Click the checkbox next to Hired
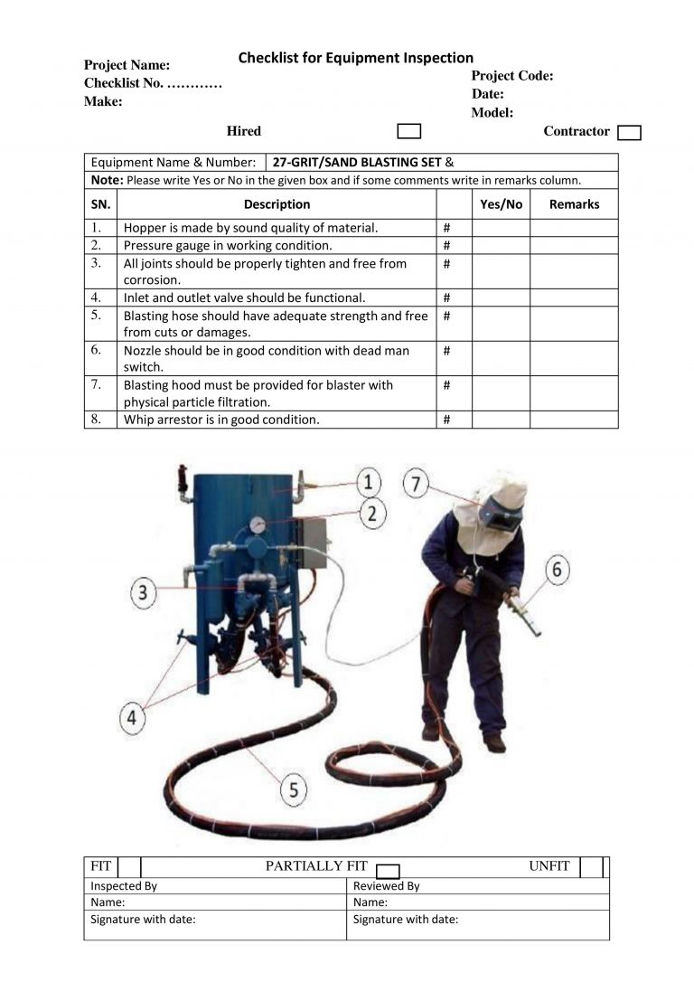pyautogui.click(x=409, y=131)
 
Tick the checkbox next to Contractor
pyautogui.click(x=629, y=133)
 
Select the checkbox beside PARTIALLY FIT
pyautogui.click(x=388, y=871)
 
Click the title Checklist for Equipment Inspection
pyautogui.click(x=355, y=58)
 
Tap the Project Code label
pyautogui.click(x=512, y=76)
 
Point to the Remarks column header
pyautogui.click(x=574, y=204)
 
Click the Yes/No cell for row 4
pyautogui.click(x=501, y=297)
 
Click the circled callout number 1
pyautogui.click(x=368, y=481)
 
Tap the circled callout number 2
pyautogui.click(x=372, y=513)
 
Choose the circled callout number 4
pyautogui.click(x=133, y=717)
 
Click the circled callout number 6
pyautogui.click(x=557, y=570)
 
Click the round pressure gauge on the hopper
pyautogui.click(x=258, y=524)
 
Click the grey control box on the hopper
pyautogui.click(x=313, y=542)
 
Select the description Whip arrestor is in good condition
pyautogui.click(x=221, y=420)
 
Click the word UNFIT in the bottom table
pyautogui.click(x=549, y=866)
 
